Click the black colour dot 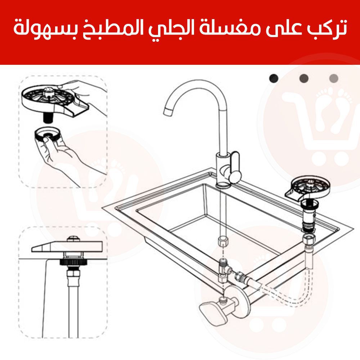[x=274, y=78]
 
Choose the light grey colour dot [x=334, y=78]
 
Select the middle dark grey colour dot [x=304, y=78]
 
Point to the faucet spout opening [x=168, y=111]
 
